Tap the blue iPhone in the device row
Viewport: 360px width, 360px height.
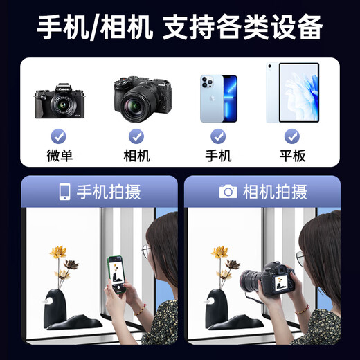coord(219,98)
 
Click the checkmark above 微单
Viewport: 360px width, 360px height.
coord(59,136)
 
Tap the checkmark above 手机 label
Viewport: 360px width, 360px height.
coord(219,136)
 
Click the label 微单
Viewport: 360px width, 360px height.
coord(59,156)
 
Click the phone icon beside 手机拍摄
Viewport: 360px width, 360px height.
coord(64,192)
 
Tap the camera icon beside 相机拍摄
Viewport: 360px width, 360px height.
coord(228,192)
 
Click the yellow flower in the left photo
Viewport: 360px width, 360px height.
coord(58,251)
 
